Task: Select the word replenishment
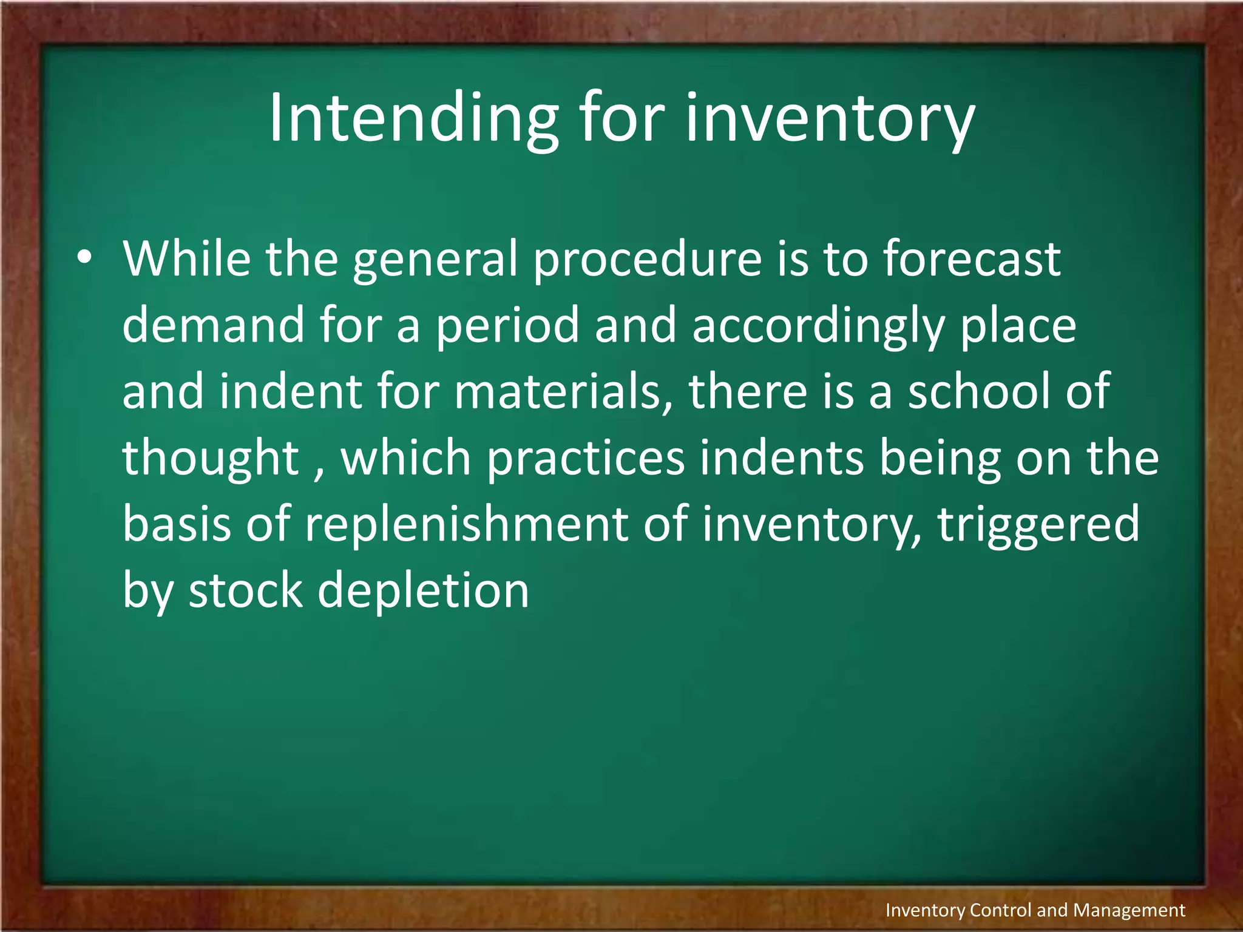[466, 524]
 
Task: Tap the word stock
[245, 590]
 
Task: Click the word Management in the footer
[1129, 910]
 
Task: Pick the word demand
[213, 325]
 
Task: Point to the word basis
[177, 524]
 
